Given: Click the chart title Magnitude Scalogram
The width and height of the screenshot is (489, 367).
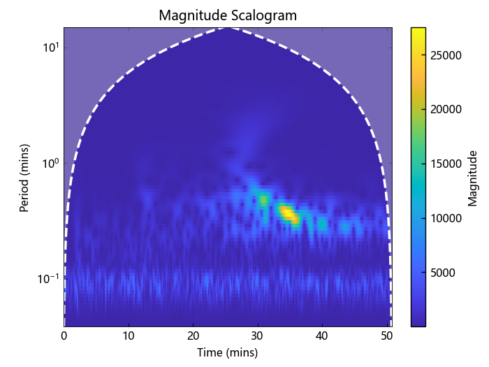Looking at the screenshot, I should [227, 15].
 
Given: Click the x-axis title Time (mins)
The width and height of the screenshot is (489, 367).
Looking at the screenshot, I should [227, 352].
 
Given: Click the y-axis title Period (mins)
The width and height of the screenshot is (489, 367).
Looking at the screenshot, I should [24, 177].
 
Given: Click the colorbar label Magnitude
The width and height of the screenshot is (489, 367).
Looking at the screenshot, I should [473, 177].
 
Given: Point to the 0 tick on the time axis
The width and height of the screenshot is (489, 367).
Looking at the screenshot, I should [64, 336].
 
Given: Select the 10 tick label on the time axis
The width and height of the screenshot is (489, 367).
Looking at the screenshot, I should [129, 336].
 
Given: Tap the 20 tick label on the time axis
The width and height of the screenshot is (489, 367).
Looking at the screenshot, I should [193, 336].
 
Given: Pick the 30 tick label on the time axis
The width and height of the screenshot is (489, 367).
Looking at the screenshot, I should [258, 336].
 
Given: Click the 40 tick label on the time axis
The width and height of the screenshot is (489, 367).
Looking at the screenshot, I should [322, 336].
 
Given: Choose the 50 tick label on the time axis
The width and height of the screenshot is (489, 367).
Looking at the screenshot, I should [386, 336].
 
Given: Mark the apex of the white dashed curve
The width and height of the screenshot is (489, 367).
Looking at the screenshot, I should [227, 28].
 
